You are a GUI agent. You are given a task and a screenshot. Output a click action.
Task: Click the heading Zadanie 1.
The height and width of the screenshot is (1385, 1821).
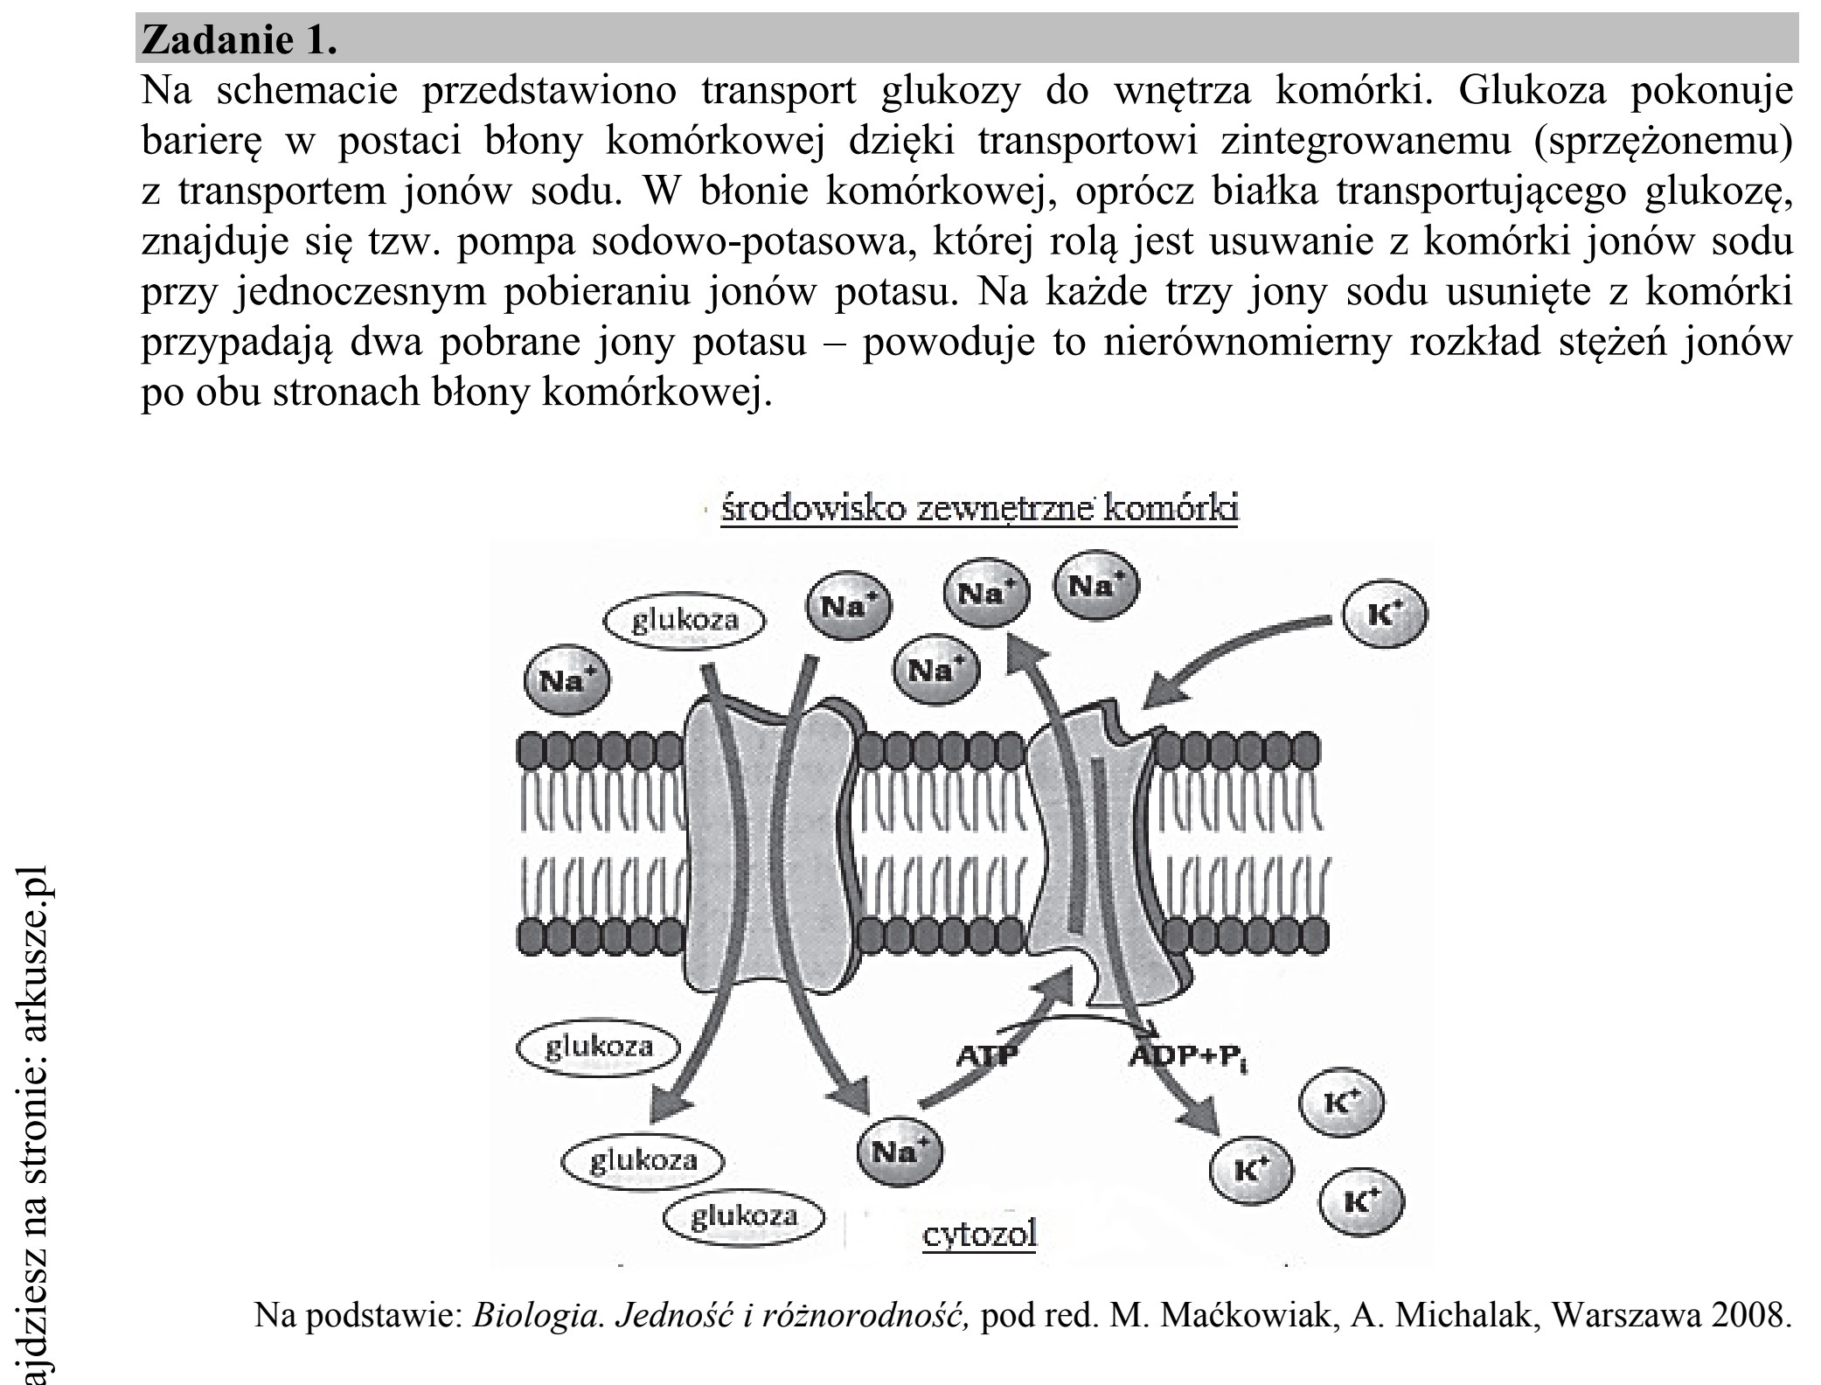pyautogui.click(x=239, y=40)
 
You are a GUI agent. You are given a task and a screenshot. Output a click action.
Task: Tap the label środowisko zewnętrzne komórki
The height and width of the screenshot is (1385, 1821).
pyautogui.click(x=979, y=508)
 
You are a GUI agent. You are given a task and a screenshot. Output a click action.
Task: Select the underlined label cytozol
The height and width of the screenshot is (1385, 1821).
pyautogui.click(x=979, y=1234)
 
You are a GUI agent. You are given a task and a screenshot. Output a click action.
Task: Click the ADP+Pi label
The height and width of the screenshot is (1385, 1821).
pyautogui.click(x=1186, y=1057)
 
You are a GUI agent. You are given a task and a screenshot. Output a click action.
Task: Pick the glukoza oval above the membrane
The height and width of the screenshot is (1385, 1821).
pyautogui.click(x=685, y=622)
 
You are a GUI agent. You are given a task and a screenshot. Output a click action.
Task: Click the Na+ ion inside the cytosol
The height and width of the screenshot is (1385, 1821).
pyautogui.click(x=900, y=1152)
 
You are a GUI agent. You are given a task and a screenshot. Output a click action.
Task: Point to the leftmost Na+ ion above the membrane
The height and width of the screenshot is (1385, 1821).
pyautogui.click(x=566, y=680)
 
